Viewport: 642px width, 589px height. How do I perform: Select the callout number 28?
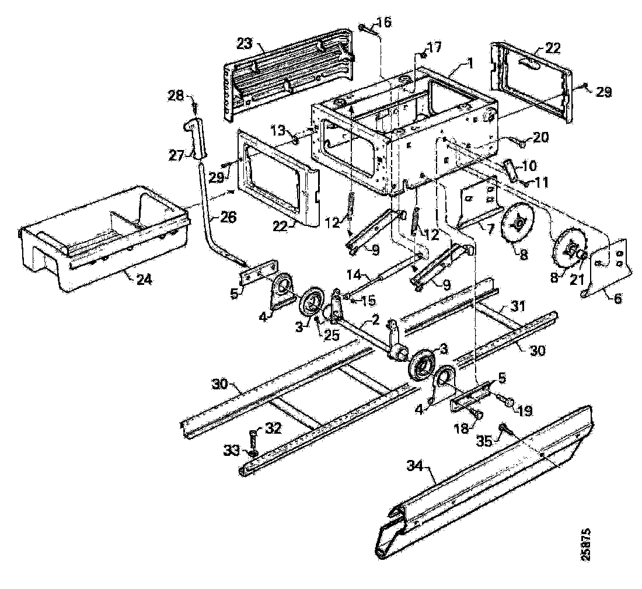(176, 94)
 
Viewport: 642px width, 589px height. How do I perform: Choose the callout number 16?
(385, 23)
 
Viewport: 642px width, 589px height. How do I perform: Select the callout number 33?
(232, 450)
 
